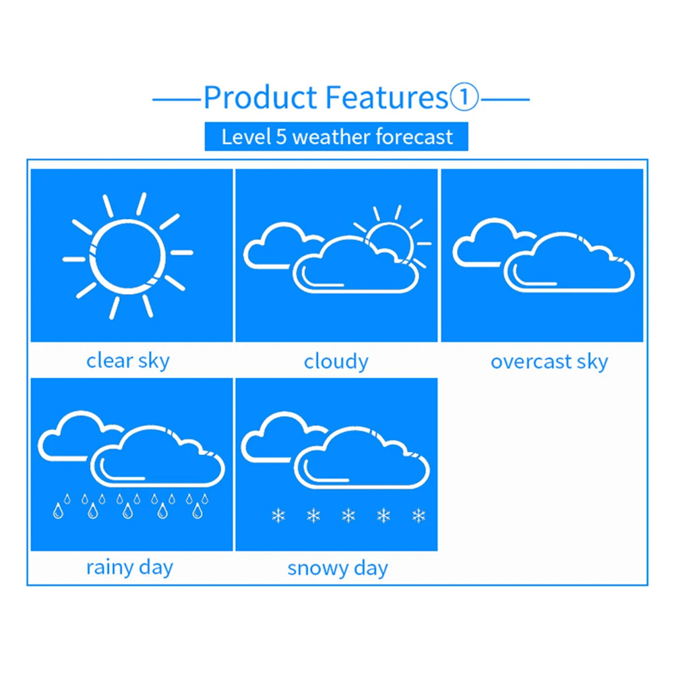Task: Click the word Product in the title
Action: click(x=260, y=97)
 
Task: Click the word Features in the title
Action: click(x=387, y=97)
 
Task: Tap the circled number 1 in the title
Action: click(x=464, y=97)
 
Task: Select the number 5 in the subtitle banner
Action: click(x=280, y=137)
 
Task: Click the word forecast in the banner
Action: click(x=415, y=137)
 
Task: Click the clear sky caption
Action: click(x=128, y=361)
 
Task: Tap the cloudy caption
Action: click(x=336, y=362)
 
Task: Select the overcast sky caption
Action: click(x=549, y=362)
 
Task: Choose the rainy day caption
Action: click(x=130, y=568)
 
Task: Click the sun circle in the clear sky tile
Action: click(x=127, y=257)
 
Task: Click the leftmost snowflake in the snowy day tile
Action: click(x=278, y=516)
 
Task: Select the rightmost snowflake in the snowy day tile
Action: click(x=419, y=516)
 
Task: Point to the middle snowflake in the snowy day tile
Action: click(x=348, y=516)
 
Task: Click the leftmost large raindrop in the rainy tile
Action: click(x=58, y=511)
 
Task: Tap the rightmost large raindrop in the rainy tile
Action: click(x=197, y=511)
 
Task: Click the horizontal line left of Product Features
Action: click(x=177, y=100)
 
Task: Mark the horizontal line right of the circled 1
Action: click(x=506, y=100)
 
